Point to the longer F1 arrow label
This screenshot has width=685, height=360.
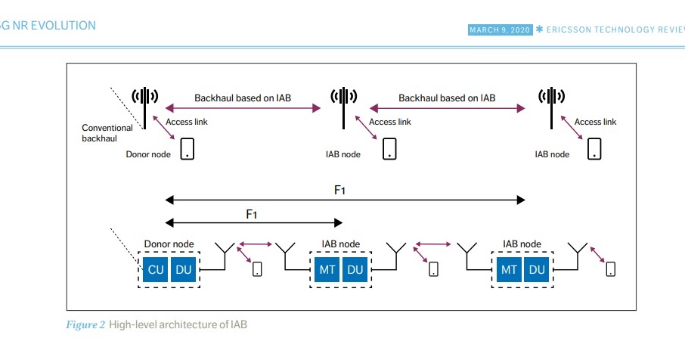point(340,190)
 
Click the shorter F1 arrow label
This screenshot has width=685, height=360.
point(253,214)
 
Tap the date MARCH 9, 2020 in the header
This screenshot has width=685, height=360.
point(500,29)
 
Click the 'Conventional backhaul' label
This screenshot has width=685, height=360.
point(107,133)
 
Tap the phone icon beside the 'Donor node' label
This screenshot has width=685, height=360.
point(186,148)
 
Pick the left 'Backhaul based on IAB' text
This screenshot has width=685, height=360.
point(243,98)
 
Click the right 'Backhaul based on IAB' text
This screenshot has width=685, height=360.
point(447,98)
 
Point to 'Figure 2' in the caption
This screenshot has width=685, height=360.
point(84,325)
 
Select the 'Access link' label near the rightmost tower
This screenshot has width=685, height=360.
point(595,122)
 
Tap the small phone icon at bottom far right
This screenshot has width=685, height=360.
point(610,268)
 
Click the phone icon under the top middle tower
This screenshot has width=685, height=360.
point(389,148)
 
